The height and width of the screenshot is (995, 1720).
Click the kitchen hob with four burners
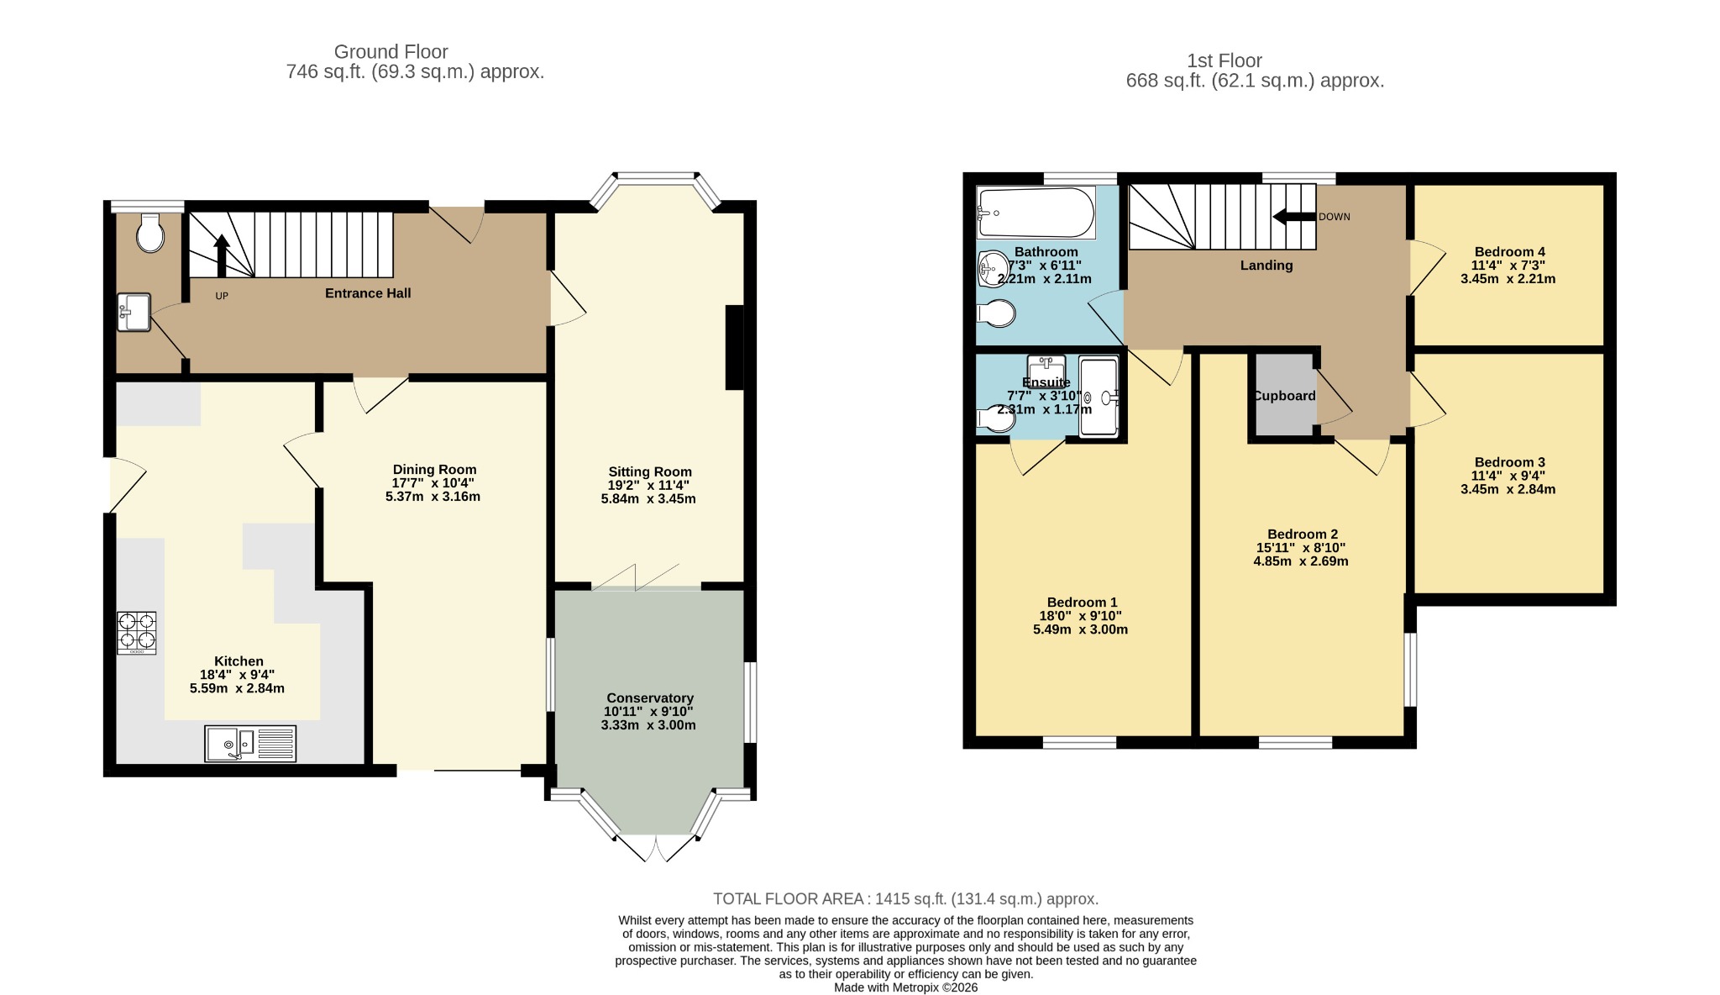tap(136, 633)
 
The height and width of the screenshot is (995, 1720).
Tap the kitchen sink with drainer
tap(250, 744)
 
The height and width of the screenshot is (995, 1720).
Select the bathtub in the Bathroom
tap(1036, 213)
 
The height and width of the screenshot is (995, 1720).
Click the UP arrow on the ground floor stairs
tap(222, 255)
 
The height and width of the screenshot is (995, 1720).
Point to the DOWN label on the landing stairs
tap(1335, 217)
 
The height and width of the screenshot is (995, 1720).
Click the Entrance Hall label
tap(368, 293)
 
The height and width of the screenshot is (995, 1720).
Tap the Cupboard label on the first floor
tap(1285, 396)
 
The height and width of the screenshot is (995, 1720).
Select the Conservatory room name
tap(650, 698)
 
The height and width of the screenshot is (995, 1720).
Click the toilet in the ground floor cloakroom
tap(150, 233)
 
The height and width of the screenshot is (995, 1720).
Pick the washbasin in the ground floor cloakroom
tap(134, 312)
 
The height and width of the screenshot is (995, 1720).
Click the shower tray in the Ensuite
tap(1099, 398)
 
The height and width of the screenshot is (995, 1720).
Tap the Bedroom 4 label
tap(1509, 252)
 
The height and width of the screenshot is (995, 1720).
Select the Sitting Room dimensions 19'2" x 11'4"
tap(648, 485)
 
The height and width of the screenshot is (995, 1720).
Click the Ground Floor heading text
tap(391, 52)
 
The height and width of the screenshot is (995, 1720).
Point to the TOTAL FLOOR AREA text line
tap(905, 899)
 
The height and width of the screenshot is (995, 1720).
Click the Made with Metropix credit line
tap(905, 987)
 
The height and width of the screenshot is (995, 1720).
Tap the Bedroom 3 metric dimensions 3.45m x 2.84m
tap(1508, 489)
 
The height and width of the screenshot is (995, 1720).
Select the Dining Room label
tap(434, 470)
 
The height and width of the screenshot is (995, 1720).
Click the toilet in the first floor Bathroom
tap(996, 313)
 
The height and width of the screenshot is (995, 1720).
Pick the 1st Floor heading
tap(1224, 61)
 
